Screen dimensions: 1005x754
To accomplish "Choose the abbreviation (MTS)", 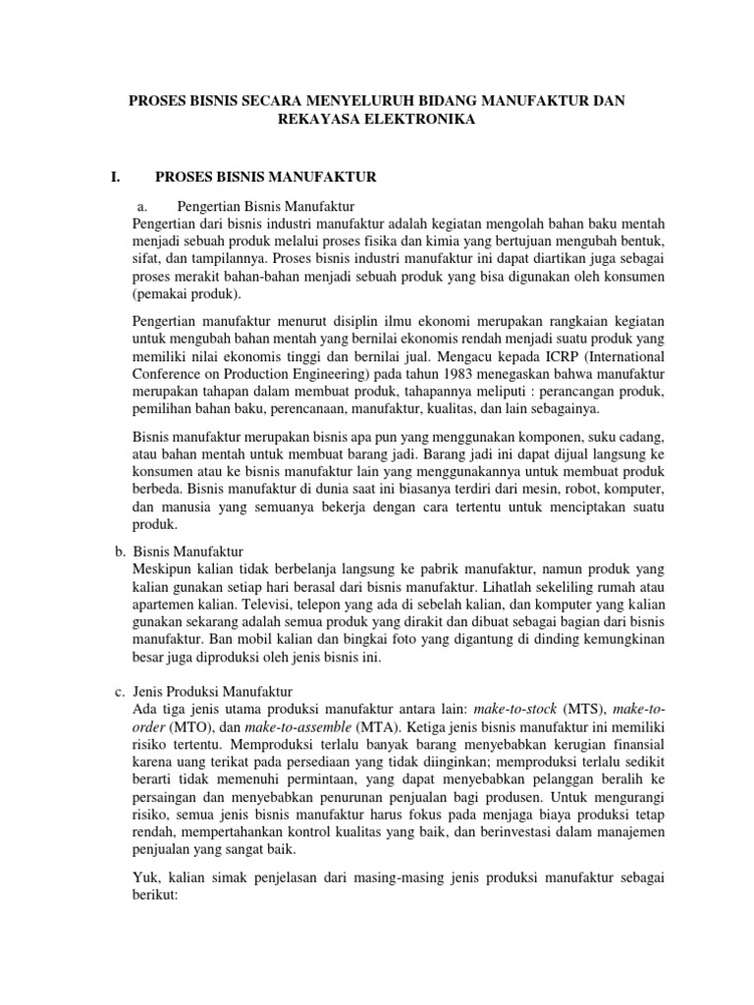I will pos(583,709).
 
